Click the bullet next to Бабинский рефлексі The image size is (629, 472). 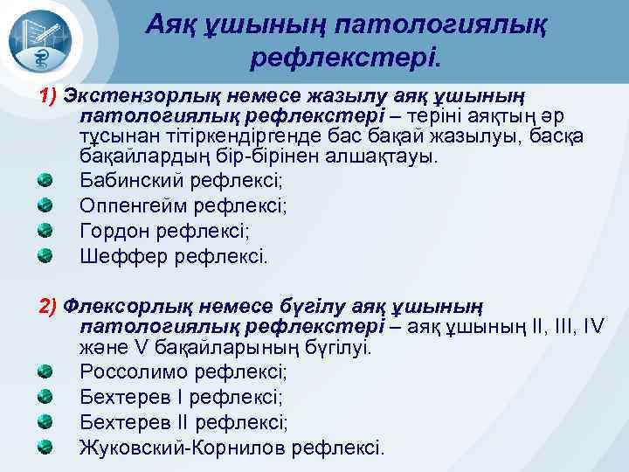45,182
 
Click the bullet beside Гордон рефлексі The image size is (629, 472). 45,232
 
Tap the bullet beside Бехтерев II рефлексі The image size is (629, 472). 45,423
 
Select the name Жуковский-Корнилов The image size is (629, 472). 184,448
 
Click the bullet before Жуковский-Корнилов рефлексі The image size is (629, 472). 45,448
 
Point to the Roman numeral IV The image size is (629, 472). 591,328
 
